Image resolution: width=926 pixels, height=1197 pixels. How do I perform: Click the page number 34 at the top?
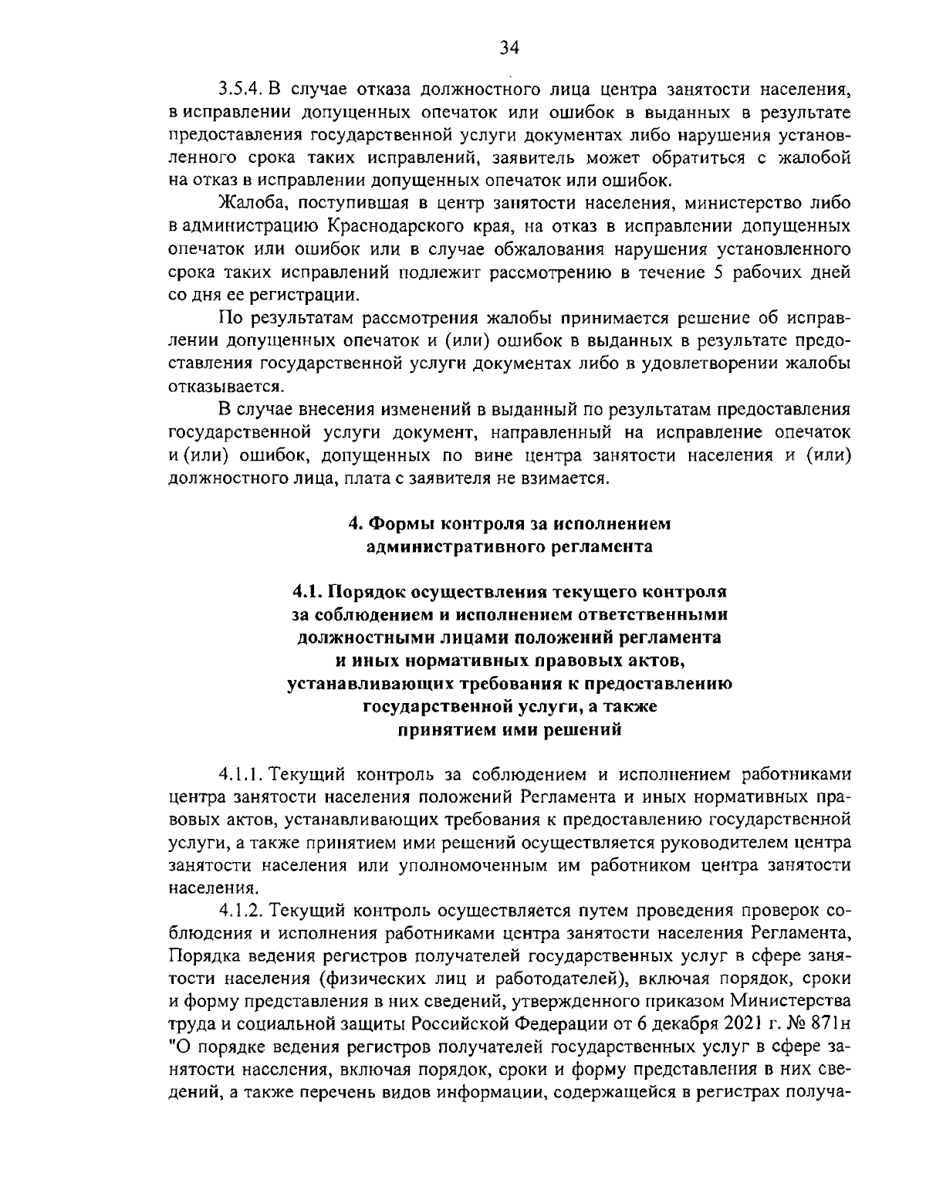[509, 49]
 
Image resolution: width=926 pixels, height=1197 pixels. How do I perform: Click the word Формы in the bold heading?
[402, 524]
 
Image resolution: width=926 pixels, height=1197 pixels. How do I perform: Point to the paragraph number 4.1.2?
[242, 911]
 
